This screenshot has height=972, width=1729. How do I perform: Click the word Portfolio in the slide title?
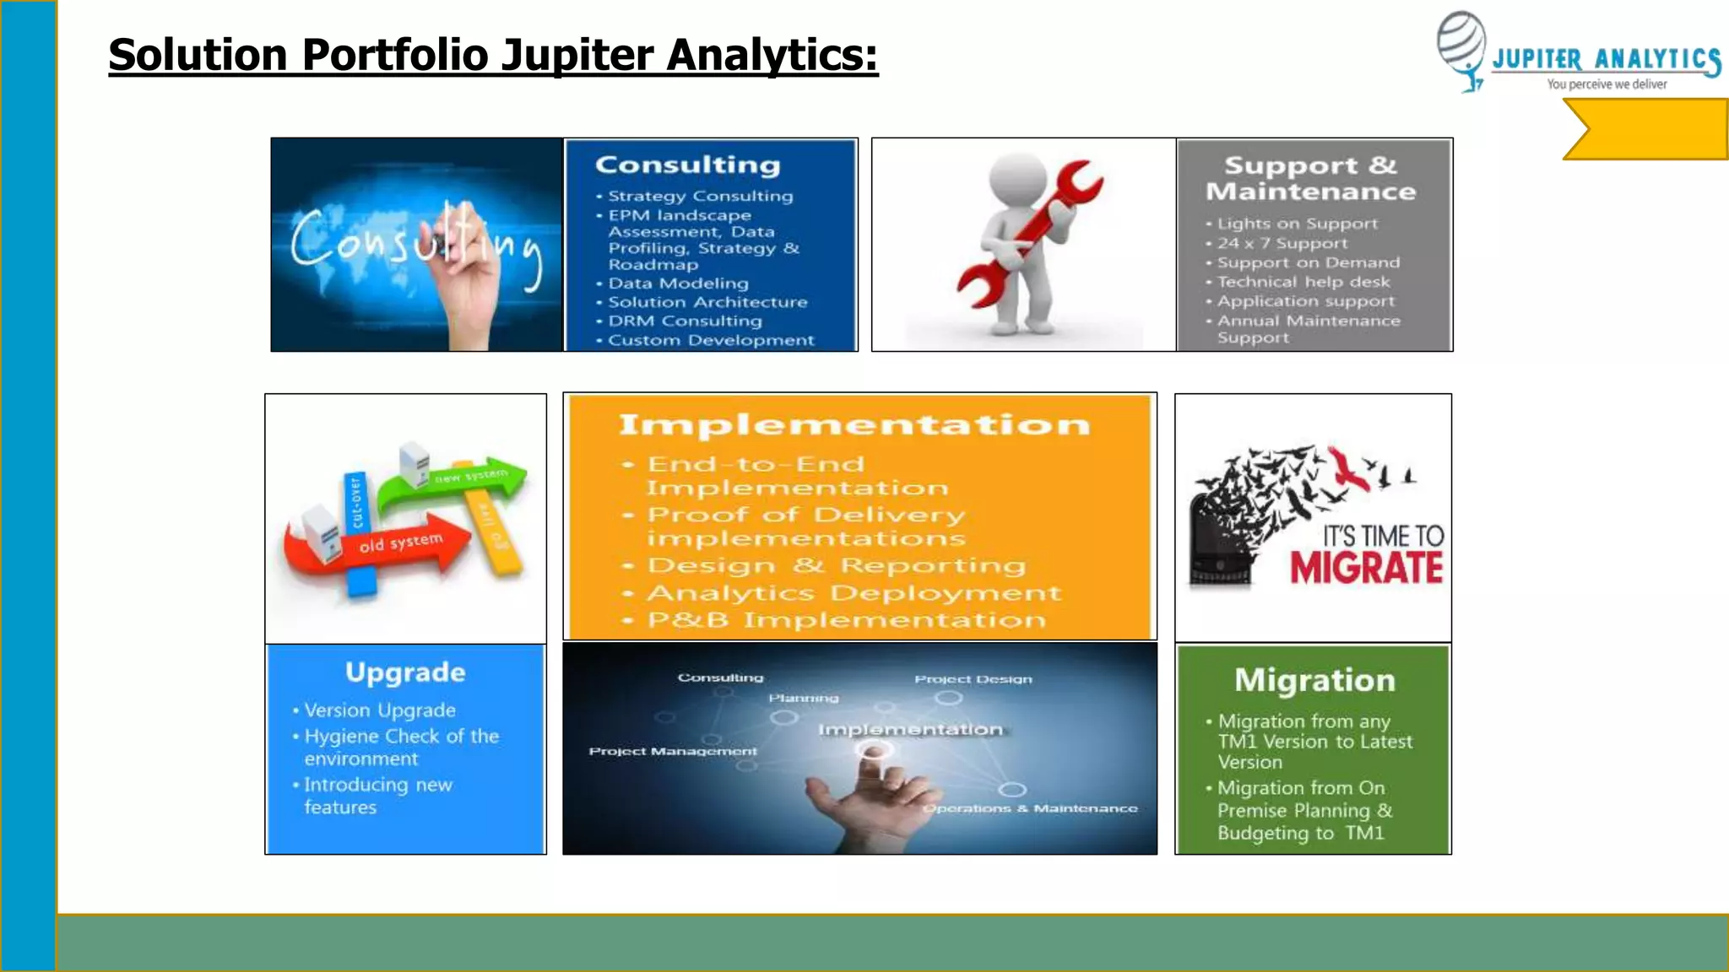click(394, 56)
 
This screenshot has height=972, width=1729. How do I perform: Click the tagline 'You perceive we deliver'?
click(1607, 84)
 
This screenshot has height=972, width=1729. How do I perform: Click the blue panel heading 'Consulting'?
click(687, 165)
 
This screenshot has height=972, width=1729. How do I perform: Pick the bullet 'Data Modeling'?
click(678, 283)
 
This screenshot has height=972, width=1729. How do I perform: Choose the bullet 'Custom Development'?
click(711, 341)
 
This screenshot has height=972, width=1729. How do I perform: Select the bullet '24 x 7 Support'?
click(1282, 244)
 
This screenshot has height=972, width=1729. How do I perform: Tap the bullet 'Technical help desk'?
click(1303, 283)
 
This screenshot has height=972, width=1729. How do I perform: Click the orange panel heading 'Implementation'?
click(854, 424)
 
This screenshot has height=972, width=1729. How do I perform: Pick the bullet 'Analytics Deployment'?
click(854, 593)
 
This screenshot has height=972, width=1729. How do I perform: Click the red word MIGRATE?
click(1366, 568)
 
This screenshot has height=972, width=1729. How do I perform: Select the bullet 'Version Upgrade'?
click(379, 710)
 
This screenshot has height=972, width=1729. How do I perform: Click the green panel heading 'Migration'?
click(1314, 680)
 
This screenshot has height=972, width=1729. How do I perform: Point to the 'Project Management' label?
click(673, 751)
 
